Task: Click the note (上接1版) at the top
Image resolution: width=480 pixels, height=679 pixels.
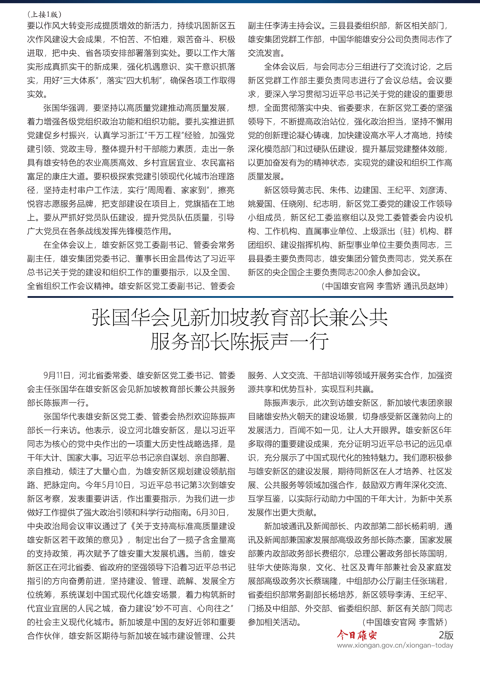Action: click(x=44, y=14)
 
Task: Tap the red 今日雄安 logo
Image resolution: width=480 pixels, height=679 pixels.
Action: click(x=357, y=635)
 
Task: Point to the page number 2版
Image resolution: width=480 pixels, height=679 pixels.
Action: click(x=446, y=635)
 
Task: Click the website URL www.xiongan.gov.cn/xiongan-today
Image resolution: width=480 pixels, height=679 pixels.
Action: click(x=395, y=645)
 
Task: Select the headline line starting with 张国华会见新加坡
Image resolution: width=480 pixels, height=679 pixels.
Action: click(x=239, y=318)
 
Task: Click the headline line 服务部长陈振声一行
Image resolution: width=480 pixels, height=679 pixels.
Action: click(x=239, y=341)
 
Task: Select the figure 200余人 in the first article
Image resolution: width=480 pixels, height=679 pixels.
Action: click(x=369, y=272)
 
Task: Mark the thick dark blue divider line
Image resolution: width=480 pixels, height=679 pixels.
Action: click(x=240, y=297)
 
